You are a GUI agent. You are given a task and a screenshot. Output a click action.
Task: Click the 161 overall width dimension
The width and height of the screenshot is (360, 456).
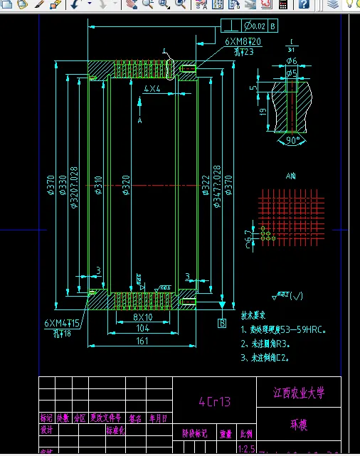point(142,341)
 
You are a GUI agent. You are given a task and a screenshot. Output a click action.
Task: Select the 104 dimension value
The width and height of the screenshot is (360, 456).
point(142,329)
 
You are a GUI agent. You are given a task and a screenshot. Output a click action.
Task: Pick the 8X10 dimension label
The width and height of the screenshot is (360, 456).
point(143,317)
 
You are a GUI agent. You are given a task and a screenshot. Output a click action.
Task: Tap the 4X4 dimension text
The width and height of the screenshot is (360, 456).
point(152,89)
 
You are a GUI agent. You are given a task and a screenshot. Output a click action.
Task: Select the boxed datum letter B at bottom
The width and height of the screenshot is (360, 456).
point(222,323)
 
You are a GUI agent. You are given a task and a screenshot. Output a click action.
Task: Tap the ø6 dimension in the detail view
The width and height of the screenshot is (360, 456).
point(292,61)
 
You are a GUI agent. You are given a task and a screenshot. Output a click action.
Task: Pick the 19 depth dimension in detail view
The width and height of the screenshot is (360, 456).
point(263,112)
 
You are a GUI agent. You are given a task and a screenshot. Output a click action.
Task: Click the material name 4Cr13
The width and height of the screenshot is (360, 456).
point(214,401)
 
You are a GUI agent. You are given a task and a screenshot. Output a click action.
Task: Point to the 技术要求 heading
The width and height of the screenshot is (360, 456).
point(253,314)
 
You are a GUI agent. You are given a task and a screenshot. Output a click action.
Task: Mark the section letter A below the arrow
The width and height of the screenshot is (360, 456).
point(140,121)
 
